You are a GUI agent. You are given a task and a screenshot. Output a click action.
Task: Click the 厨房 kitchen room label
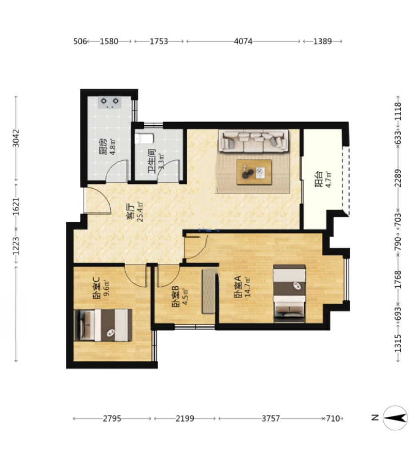point(103,147)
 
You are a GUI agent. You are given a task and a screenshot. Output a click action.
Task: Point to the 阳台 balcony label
point(319,180)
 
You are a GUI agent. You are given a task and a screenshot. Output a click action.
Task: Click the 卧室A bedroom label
point(238,287)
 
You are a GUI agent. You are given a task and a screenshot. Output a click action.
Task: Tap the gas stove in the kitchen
point(110,103)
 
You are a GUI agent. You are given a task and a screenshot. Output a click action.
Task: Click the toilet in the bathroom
point(143,139)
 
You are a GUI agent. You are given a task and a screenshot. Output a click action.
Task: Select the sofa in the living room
point(254,141)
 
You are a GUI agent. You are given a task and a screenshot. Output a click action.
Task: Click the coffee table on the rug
point(254,172)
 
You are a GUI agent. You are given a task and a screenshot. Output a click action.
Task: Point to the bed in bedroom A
point(289,293)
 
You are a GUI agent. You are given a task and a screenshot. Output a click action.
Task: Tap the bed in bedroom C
point(103,325)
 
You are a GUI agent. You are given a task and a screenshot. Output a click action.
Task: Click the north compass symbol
point(395,418)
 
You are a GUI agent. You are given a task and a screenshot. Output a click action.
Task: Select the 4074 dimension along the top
point(243,41)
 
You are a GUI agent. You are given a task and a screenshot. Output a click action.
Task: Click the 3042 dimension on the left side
point(16,138)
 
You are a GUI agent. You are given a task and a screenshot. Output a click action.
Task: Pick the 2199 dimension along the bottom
point(185,419)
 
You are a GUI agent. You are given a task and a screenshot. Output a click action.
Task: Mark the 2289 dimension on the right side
point(398,178)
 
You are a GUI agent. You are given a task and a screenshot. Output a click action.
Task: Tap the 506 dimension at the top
point(80,41)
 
